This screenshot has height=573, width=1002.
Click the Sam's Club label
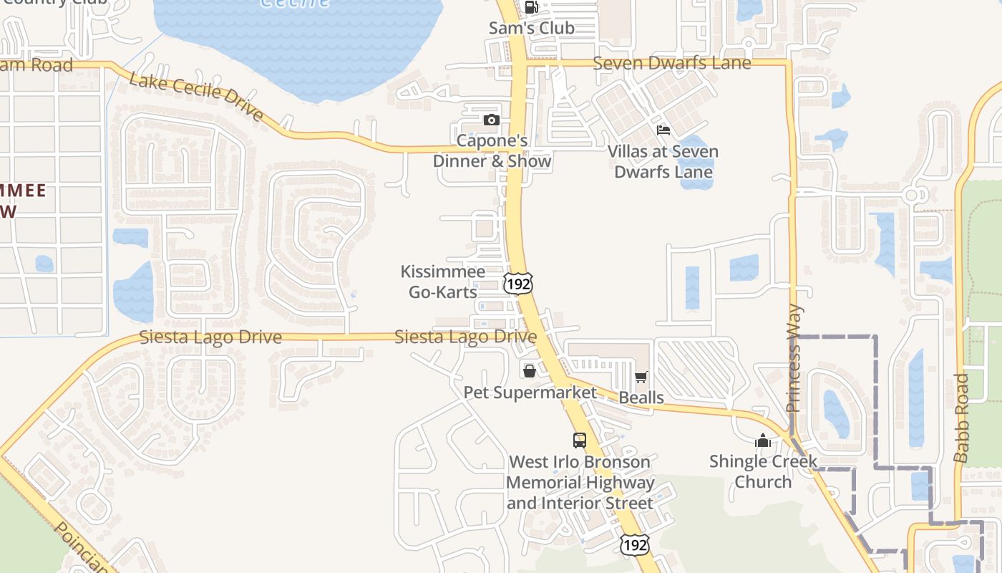[531, 28]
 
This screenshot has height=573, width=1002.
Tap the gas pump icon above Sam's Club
[531, 7]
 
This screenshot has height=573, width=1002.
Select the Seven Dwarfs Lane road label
[672, 63]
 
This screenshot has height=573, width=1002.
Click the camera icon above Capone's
[491, 120]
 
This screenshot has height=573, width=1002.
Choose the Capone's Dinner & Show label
[492, 151]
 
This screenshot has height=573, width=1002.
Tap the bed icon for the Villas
[663, 130]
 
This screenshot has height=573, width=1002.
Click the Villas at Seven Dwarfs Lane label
[663, 162]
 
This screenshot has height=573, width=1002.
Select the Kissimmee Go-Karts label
[442, 281]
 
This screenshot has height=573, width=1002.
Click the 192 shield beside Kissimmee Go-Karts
[517, 283]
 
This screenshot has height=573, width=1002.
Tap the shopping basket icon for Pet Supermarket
[529, 370]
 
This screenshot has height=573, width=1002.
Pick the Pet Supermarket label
[530, 393]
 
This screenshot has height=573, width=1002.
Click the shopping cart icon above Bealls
[641, 377]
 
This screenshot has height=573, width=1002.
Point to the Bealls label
[641, 398]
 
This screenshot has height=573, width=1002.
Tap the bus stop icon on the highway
[580, 440]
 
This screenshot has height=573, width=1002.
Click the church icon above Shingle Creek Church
[763, 440]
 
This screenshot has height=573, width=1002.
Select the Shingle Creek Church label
[763, 471]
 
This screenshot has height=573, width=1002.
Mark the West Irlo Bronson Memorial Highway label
[580, 482]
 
